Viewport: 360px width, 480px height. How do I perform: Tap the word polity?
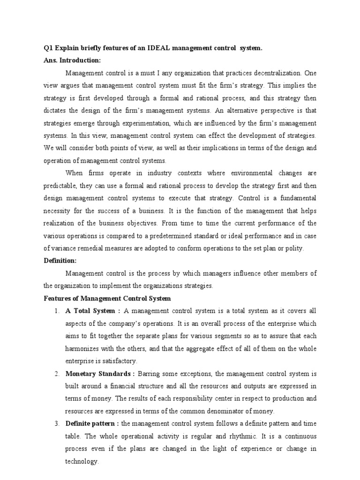click(x=293, y=248)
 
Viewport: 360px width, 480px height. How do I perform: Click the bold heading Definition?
click(x=60, y=261)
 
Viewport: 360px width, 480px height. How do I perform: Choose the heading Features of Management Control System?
click(x=107, y=298)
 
